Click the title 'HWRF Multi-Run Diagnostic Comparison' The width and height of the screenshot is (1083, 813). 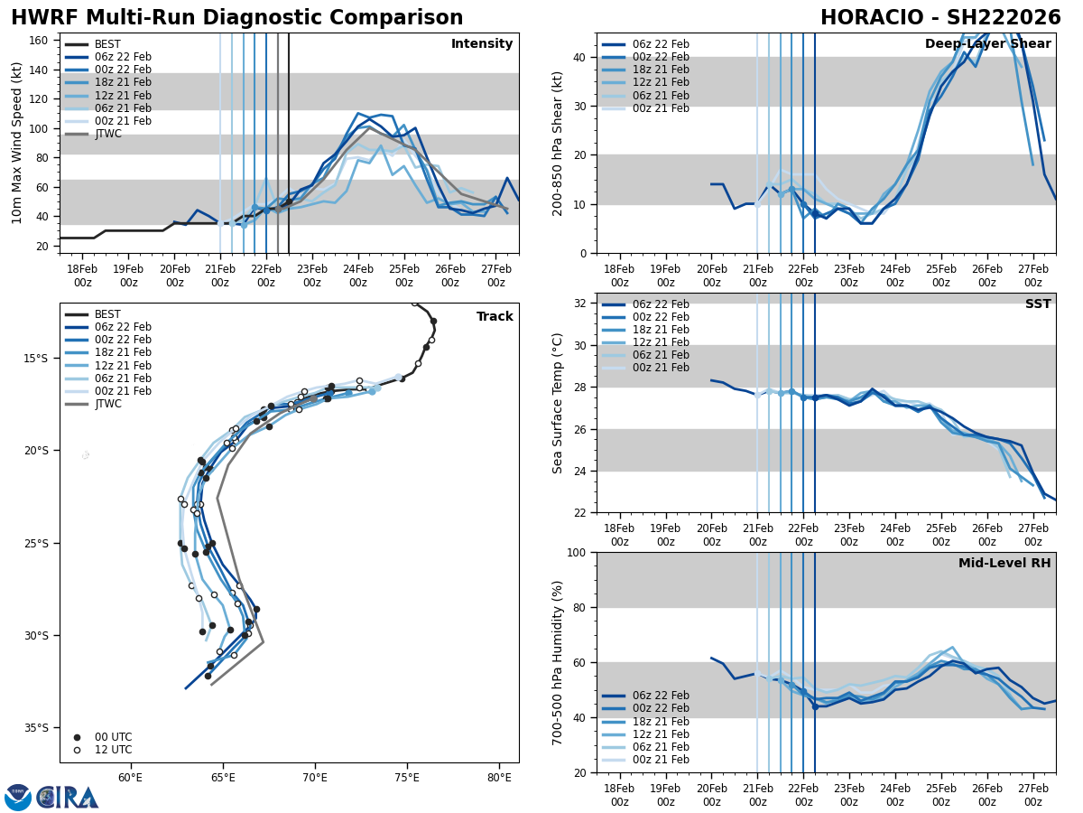236,18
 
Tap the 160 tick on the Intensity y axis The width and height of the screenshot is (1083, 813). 42,40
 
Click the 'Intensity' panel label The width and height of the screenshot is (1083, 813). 482,44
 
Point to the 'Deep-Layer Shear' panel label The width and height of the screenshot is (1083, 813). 987,44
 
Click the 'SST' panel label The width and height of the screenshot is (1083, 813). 1038,304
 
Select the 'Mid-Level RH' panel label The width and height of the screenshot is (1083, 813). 1004,564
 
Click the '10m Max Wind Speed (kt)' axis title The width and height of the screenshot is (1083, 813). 17,143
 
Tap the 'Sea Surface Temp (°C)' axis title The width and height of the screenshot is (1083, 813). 558,403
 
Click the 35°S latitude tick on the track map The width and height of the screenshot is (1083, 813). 37,728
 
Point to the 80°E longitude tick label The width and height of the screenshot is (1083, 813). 499,777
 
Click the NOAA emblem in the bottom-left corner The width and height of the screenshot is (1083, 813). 18,798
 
